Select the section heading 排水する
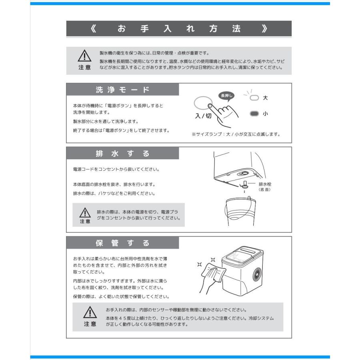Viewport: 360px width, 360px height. pos(122,154)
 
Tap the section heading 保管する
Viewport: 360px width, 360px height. pos(122,243)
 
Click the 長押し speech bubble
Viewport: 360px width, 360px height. pos(226,95)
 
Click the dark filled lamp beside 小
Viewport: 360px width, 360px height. pos(254,114)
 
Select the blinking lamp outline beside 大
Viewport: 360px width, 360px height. pos(254,98)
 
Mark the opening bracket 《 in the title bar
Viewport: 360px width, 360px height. pos(93,29)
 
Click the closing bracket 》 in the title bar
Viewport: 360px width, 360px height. pos(264,29)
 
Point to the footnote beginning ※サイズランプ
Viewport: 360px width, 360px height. pos(236,134)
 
